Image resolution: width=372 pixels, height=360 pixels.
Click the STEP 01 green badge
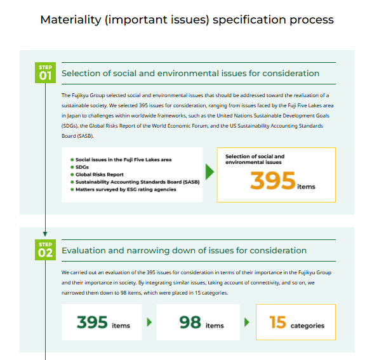[45, 72]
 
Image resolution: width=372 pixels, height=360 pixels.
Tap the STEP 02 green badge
[45, 250]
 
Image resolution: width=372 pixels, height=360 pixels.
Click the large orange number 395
[272, 180]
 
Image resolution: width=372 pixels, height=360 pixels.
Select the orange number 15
[277, 323]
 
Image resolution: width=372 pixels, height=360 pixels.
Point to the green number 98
[190, 323]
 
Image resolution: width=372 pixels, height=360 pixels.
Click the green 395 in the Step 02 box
[92, 323]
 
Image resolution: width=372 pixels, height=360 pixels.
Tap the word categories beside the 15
[307, 326]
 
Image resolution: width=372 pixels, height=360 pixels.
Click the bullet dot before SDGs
[72, 167]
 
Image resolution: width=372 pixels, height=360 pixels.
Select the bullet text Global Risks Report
[100, 175]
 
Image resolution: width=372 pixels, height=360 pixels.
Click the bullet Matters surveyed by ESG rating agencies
[126, 189]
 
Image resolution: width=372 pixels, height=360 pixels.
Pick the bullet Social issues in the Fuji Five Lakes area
[123, 160]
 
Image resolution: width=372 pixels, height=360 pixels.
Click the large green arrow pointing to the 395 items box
[209, 171]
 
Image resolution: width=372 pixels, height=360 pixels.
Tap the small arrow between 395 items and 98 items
[149, 323]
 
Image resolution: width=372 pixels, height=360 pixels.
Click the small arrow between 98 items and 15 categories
[247, 323]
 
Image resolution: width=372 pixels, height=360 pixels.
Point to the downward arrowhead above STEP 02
[45, 234]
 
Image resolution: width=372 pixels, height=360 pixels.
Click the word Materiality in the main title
[70, 20]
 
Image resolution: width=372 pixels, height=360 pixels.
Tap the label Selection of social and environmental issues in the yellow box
[255, 159]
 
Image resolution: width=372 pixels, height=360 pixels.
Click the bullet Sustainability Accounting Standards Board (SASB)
[137, 182]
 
